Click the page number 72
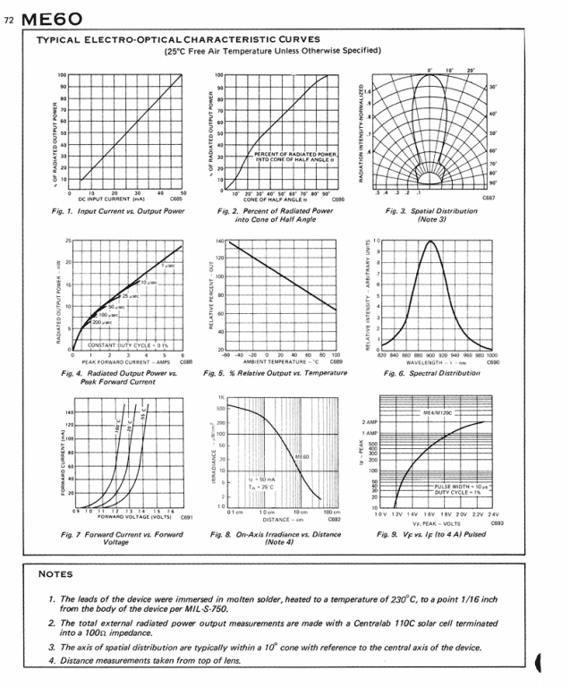click(x=11, y=19)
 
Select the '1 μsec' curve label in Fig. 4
click(x=169, y=267)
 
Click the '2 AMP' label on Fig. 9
click(x=370, y=421)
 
